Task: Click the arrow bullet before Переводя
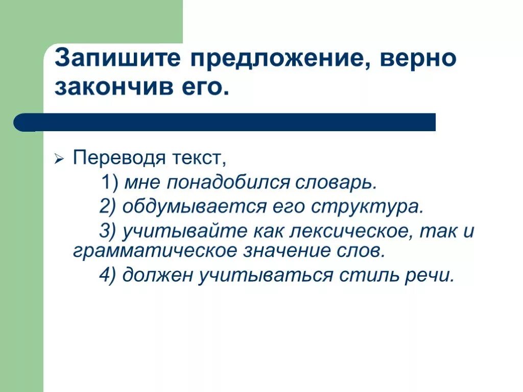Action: [x=59, y=159]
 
